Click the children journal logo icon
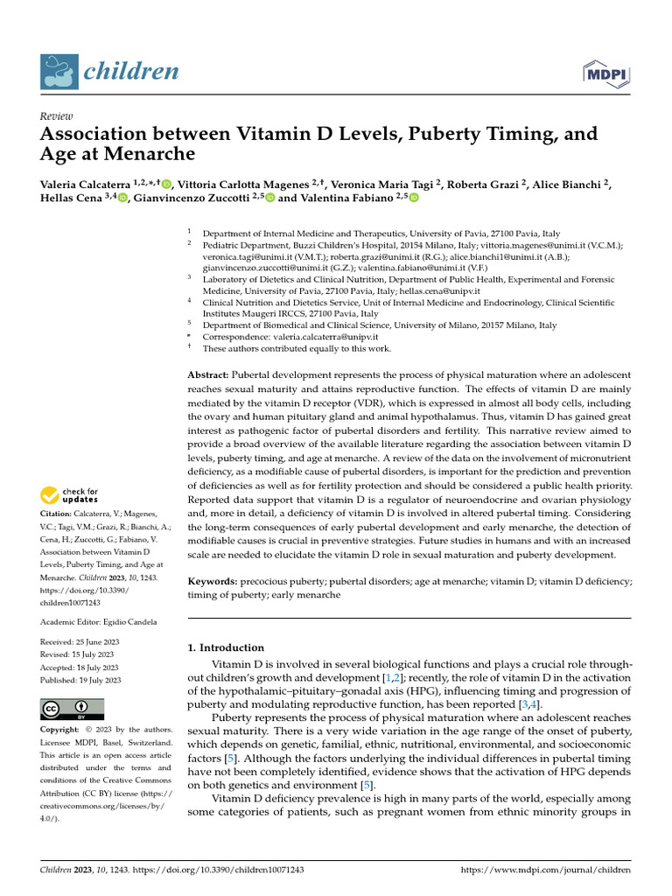[59, 72]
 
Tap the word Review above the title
[57, 116]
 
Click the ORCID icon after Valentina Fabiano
[414, 198]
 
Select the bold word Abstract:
[209, 374]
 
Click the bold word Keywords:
[213, 581]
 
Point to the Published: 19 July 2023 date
[80, 680]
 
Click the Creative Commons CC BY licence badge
[72, 709]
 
